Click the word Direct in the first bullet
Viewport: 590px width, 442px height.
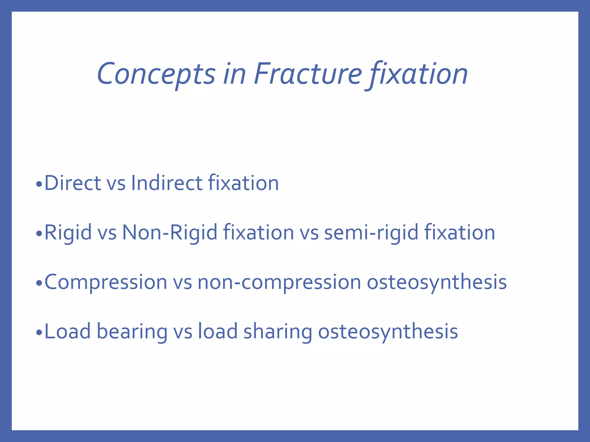coord(72,183)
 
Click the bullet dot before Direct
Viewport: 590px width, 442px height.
coord(39,184)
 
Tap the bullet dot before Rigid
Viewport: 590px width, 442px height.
coord(39,234)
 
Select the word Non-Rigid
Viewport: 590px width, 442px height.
coord(170,233)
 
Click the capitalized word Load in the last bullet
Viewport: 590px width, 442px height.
coord(67,331)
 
